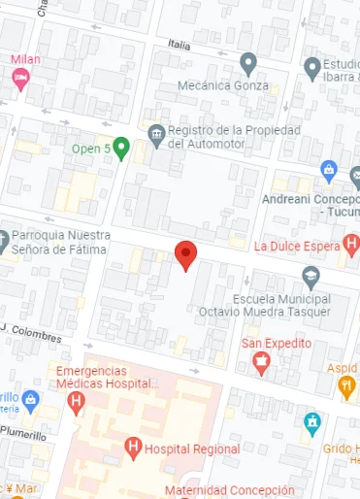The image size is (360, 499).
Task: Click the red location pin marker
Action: [x=186, y=256]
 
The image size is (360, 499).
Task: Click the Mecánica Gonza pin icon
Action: [x=248, y=65]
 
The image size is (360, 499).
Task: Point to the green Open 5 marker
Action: [x=121, y=149]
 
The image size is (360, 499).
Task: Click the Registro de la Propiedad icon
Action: [x=155, y=131]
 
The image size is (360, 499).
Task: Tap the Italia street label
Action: [x=180, y=45]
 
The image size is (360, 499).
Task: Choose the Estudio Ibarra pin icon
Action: [x=311, y=67]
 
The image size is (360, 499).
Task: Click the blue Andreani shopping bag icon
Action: [x=329, y=173]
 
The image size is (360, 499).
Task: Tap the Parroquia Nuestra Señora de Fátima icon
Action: [x=3, y=238]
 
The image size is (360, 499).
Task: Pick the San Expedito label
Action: [x=277, y=344]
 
